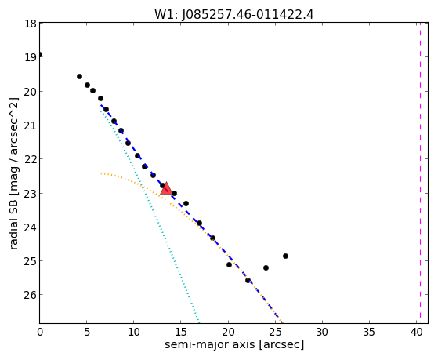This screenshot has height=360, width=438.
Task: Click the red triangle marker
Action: (x=166, y=188)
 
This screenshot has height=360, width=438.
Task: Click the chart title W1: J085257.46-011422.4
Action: (x=234, y=14)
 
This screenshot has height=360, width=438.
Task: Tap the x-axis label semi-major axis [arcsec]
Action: (x=234, y=344)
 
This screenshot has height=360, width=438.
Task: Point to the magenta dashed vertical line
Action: (x=420, y=173)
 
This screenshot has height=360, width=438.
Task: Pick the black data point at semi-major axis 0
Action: (x=40, y=54)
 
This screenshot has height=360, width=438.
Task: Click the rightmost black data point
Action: (x=285, y=256)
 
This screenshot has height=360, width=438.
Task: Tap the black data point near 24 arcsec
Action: (x=266, y=267)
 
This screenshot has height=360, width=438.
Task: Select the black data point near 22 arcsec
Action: (x=248, y=280)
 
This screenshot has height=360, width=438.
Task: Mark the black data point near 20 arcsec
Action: (x=229, y=264)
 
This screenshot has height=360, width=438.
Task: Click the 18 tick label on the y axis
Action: (x=31, y=24)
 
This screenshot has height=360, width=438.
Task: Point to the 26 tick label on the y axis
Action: (x=31, y=295)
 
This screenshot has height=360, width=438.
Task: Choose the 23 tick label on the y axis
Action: (x=31, y=193)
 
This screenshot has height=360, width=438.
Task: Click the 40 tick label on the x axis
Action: (x=416, y=332)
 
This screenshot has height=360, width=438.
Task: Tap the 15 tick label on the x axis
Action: (x=181, y=332)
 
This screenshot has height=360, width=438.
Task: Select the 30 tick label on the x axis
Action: (x=322, y=332)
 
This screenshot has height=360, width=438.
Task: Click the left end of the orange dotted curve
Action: (x=101, y=173)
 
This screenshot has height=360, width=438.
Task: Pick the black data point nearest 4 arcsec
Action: (x=79, y=76)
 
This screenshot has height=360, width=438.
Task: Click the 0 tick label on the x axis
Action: (x=40, y=332)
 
